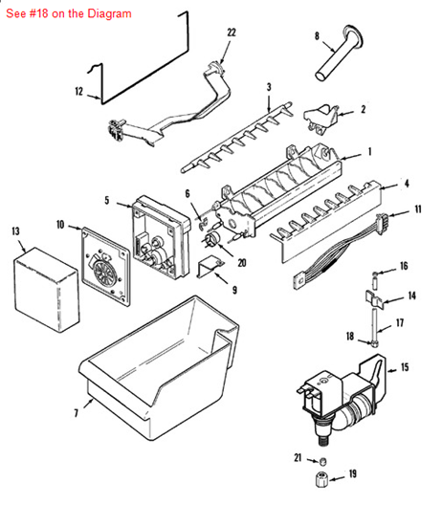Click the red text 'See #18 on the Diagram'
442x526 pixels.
[x=69, y=13]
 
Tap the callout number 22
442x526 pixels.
[x=232, y=33]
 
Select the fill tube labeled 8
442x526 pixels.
[x=339, y=53]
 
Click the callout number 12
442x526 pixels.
[x=78, y=91]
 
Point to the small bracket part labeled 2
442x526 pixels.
[x=321, y=120]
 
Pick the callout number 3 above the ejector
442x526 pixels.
[x=269, y=87]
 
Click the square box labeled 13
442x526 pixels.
[x=46, y=290]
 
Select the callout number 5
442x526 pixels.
[x=107, y=200]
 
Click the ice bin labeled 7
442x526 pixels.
[x=158, y=369]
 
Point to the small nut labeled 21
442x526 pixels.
[x=322, y=462]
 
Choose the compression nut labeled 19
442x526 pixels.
[x=321, y=480]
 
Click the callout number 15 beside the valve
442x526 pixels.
[x=405, y=367]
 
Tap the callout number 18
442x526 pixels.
[x=350, y=336]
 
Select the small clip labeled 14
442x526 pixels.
[x=374, y=297]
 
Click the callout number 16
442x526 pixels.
[x=404, y=266]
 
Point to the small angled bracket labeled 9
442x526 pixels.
[x=210, y=267]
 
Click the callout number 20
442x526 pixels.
[x=242, y=263]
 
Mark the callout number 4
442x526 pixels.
[x=407, y=184]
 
